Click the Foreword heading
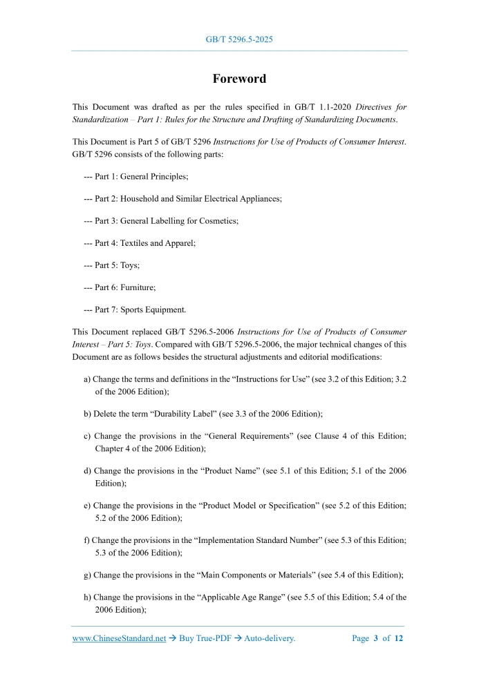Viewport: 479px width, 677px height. (x=239, y=79)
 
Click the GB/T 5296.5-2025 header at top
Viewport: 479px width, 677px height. (x=239, y=39)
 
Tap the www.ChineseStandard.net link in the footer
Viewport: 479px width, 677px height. (x=119, y=638)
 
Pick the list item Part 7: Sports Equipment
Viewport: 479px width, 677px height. (x=135, y=309)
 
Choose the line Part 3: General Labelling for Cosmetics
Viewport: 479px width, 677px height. (x=161, y=221)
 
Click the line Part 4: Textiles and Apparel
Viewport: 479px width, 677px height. (x=140, y=243)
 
